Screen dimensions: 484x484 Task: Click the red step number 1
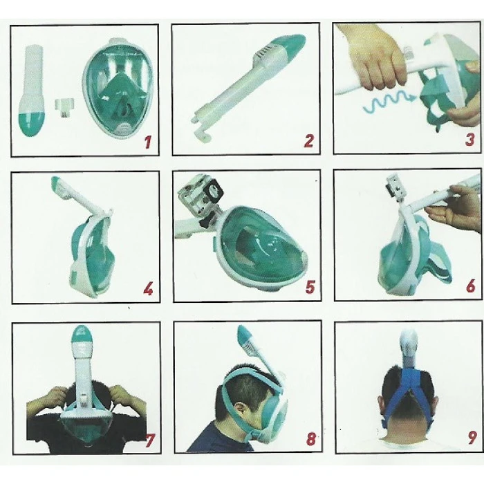(148, 143)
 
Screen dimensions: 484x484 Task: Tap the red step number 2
(309, 141)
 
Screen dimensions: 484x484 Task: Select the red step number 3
(469, 139)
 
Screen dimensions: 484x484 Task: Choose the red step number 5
(310, 287)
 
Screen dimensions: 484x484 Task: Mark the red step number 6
(471, 286)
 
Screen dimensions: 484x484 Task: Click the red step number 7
(150, 440)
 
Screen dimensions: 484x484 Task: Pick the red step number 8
(311, 439)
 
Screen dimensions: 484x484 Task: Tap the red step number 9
(472, 438)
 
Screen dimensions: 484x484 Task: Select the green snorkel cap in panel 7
(82, 337)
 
